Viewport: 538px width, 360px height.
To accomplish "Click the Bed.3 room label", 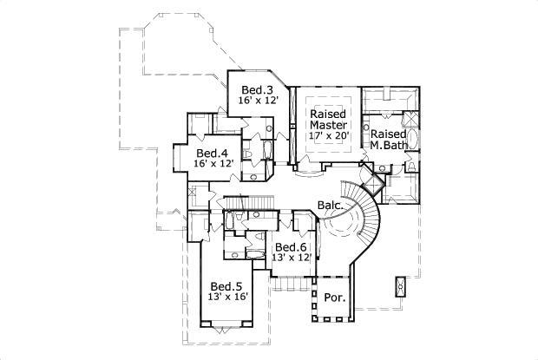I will (x=258, y=89).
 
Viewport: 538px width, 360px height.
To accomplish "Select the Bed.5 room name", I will (x=226, y=286).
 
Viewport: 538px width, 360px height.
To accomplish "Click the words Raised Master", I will (x=328, y=119).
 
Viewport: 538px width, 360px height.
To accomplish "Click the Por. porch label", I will (x=335, y=298).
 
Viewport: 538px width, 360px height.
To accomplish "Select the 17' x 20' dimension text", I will (x=328, y=135).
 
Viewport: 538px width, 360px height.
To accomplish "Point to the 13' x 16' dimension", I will (x=228, y=298).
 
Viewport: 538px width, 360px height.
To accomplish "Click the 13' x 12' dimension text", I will (x=292, y=258).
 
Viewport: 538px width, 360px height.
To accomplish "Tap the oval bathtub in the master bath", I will (x=413, y=139).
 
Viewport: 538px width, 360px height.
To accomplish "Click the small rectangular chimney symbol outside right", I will (x=400, y=286).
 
